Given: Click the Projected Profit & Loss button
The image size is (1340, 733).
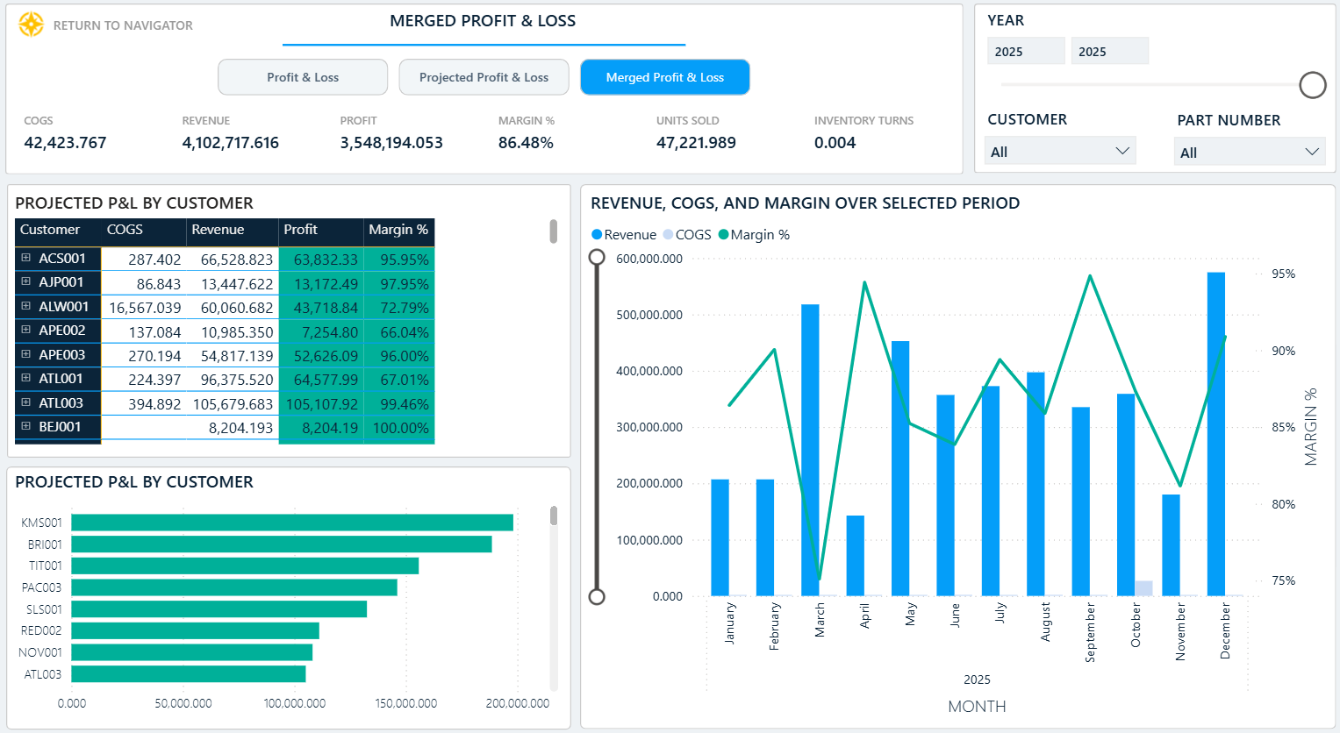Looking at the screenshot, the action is [484, 77].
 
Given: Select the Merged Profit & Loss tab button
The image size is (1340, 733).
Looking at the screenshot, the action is [664, 77].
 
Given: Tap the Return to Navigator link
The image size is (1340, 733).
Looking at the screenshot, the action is [123, 25].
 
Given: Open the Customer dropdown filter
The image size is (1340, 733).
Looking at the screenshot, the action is [1059, 152].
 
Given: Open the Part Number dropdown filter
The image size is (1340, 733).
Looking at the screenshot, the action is [1250, 152].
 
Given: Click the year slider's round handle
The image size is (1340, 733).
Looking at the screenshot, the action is [1313, 85].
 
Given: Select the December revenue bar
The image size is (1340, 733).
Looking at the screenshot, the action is [1215, 434].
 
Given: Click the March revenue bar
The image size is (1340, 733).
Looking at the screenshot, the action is [810, 450].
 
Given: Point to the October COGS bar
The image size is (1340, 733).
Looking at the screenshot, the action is [1143, 588].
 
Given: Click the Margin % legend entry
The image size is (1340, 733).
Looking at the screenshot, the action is [755, 235].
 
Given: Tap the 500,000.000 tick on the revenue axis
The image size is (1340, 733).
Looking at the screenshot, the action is [649, 315].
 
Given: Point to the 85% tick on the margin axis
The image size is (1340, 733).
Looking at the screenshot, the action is [1283, 428].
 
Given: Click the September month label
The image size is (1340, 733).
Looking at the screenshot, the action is [1090, 632].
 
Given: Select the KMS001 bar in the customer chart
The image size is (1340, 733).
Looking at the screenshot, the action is [292, 523].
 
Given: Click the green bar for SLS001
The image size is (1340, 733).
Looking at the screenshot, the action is [219, 609].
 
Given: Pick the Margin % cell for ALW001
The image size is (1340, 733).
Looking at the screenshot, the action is [399, 307].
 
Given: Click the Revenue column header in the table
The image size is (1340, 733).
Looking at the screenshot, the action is [218, 230].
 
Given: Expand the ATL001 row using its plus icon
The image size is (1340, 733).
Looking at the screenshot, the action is [25, 378].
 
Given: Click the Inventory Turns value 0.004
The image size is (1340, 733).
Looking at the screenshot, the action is [835, 143].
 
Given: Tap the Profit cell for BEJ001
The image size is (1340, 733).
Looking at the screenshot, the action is [321, 428].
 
